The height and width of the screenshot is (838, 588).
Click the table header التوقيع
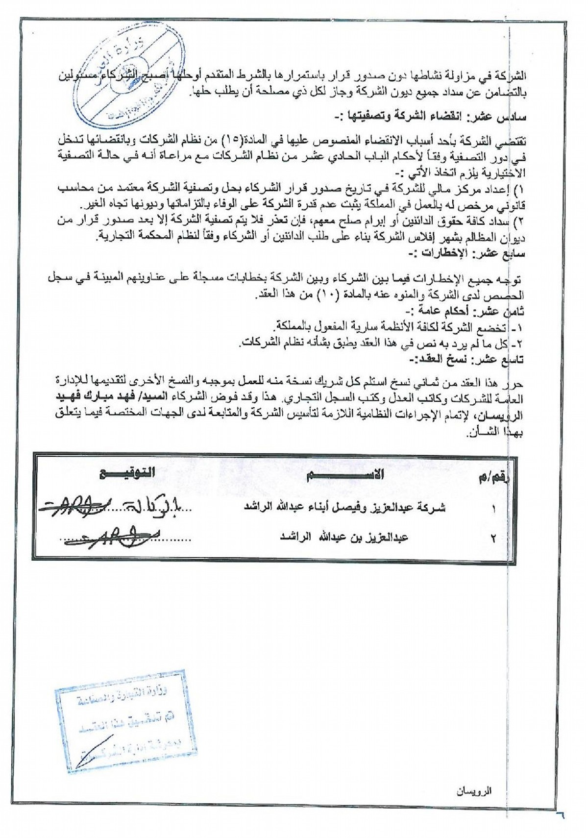tap(127, 474)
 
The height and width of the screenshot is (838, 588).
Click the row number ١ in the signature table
tap(493, 509)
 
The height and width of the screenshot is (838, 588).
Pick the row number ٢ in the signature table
tap(493, 538)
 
